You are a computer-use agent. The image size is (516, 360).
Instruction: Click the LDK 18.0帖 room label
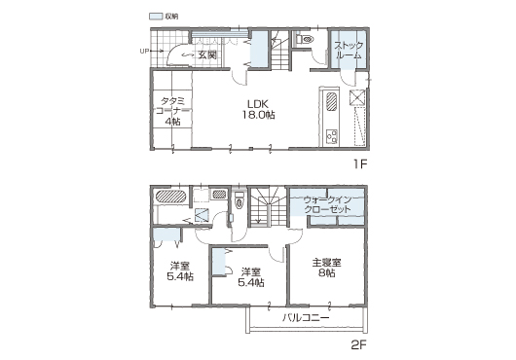(x=259, y=110)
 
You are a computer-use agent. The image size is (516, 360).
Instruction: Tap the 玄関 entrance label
(x=207, y=54)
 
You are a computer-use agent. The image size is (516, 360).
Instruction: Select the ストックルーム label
(x=349, y=50)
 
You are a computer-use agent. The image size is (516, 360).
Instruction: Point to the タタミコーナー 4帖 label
(x=172, y=111)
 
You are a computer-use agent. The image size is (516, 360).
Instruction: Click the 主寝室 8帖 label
(x=326, y=268)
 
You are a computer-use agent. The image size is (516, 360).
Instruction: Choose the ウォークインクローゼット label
(x=327, y=204)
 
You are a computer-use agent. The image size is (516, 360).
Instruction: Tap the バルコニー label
(x=306, y=317)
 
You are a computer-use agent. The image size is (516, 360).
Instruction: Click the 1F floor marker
(x=360, y=164)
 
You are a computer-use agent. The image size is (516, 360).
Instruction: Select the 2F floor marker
(x=358, y=344)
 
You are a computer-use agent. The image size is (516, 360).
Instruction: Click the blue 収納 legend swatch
(x=156, y=16)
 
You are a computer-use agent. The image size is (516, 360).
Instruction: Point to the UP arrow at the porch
(x=152, y=51)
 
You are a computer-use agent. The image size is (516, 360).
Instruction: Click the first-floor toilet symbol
(x=305, y=39)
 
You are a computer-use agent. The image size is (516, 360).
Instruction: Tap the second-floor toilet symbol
(x=239, y=200)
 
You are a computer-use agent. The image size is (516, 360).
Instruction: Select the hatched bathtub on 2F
(x=170, y=197)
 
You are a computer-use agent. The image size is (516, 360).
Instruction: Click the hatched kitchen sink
(x=331, y=102)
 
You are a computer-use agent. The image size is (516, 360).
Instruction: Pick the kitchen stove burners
(x=331, y=136)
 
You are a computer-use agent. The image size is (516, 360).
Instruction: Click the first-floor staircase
(x=279, y=50)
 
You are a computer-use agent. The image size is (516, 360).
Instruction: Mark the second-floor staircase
(x=267, y=206)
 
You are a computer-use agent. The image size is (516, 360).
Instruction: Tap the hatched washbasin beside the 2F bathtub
(x=219, y=194)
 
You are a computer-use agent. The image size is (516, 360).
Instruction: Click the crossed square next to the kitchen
(x=357, y=97)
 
